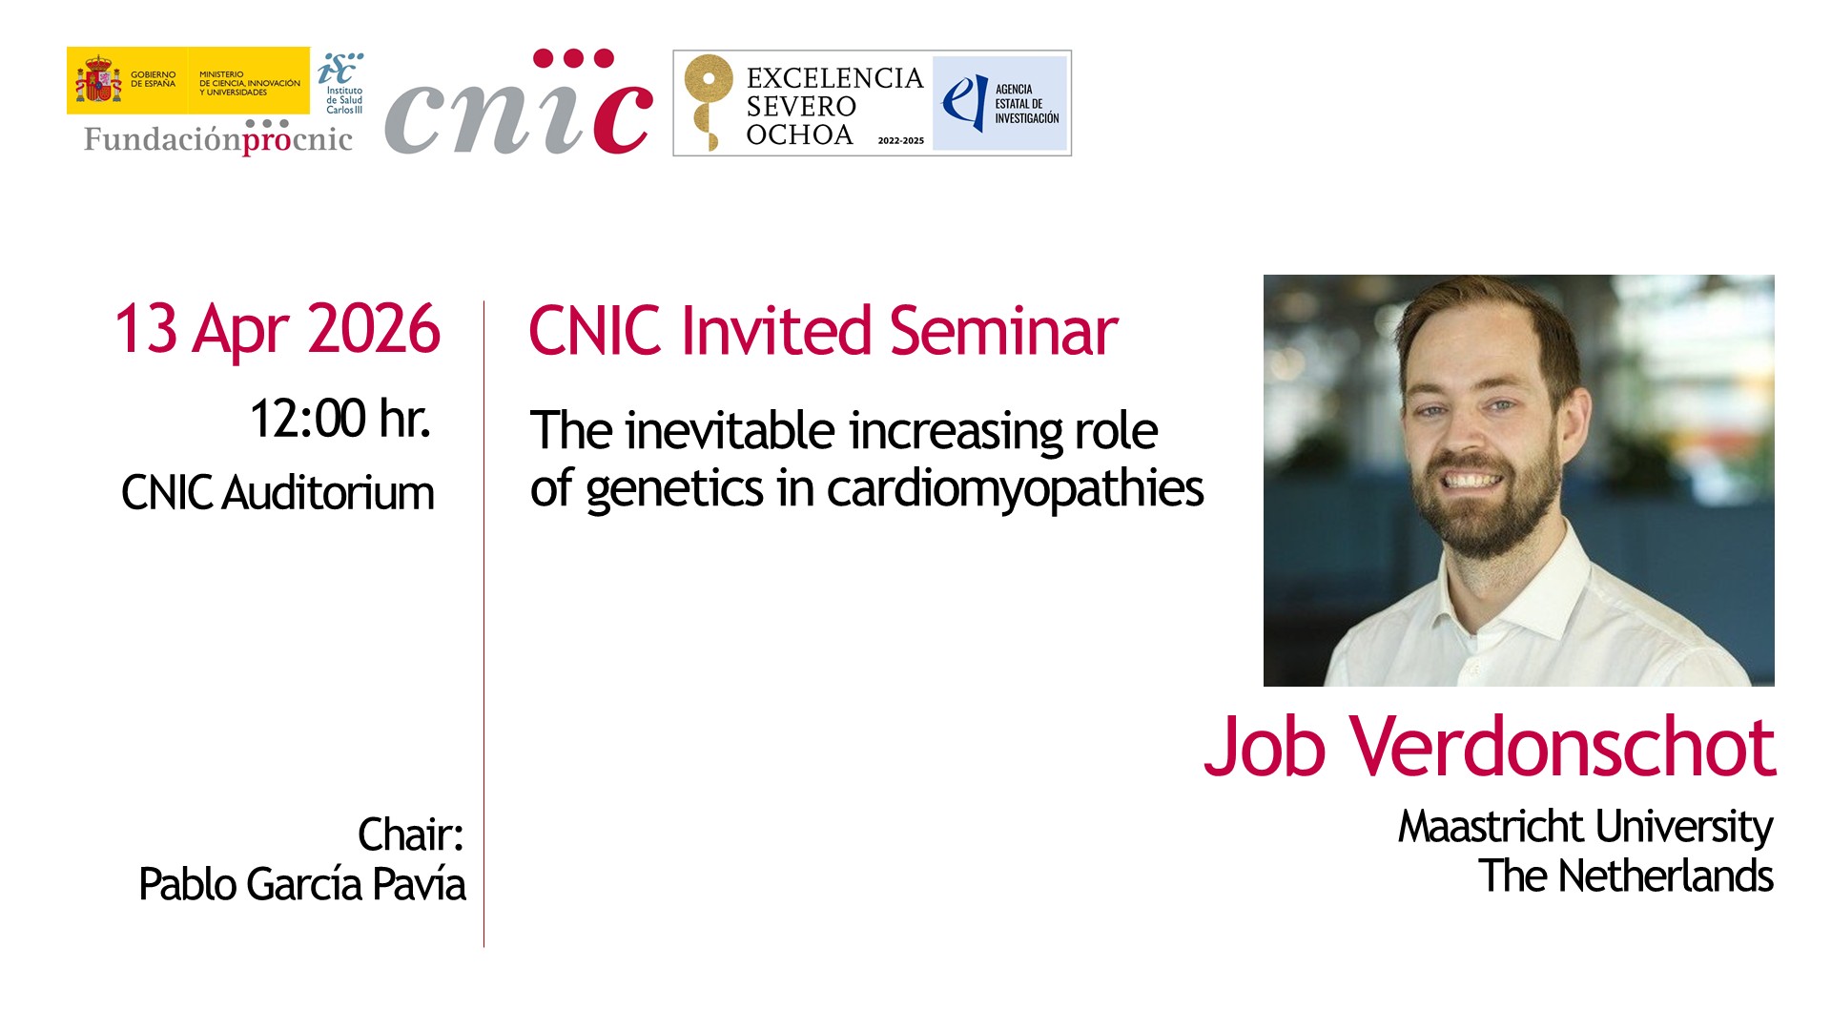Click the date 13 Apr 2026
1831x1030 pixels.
pos(278,330)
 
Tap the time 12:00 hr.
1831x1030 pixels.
pos(340,419)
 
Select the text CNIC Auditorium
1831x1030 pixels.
pos(278,494)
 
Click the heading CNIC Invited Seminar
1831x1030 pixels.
pos(823,331)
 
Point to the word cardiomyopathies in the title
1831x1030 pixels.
pos(1016,489)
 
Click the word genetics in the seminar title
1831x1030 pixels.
pos(675,489)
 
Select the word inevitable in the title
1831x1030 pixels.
pos(730,430)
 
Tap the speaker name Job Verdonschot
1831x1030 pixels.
pos(1490,746)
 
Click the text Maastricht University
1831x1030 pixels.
pos(1585,827)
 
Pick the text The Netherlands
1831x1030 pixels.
pos(1626,875)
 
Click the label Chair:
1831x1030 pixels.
pos(411,834)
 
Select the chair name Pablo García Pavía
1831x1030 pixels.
pos(302,884)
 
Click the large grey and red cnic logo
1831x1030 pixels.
pos(519,103)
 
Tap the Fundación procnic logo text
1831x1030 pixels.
pos(218,138)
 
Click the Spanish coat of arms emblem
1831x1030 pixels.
pos(99,80)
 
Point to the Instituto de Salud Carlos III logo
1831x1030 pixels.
pos(340,83)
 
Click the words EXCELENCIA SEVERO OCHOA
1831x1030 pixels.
pos(834,106)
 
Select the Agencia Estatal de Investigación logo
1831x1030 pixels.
pos(999,103)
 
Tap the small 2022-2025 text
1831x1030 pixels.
pos(901,140)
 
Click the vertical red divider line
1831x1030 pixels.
pos(483,624)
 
